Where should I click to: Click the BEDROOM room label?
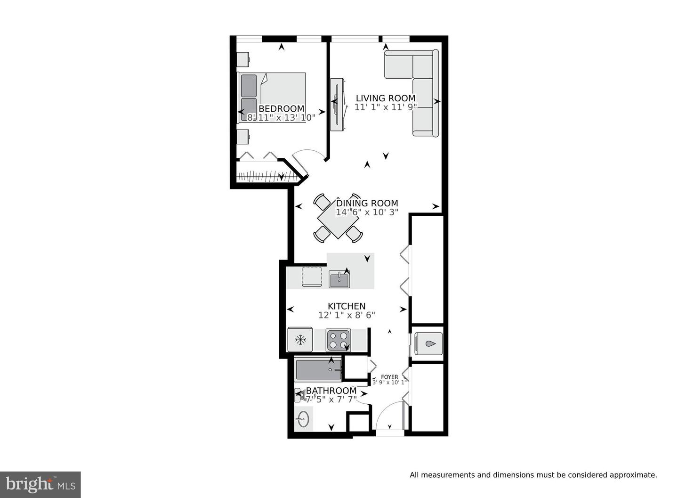[282, 108]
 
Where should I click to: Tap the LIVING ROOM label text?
[386, 98]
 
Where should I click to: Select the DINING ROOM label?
[367, 203]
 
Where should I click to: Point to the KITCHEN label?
[347, 306]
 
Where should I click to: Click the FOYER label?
[389, 377]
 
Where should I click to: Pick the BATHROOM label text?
[331, 391]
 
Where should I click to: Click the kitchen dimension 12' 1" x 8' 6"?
[347, 315]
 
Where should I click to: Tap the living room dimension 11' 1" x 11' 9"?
[386, 107]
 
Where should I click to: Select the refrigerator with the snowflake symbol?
[300, 339]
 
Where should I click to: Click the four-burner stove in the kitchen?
[339, 340]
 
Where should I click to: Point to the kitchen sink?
[339, 279]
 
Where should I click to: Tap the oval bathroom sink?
[303, 419]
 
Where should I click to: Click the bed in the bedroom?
[272, 98]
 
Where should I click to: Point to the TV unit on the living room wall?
[337, 105]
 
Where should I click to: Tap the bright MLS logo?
[40, 485]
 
